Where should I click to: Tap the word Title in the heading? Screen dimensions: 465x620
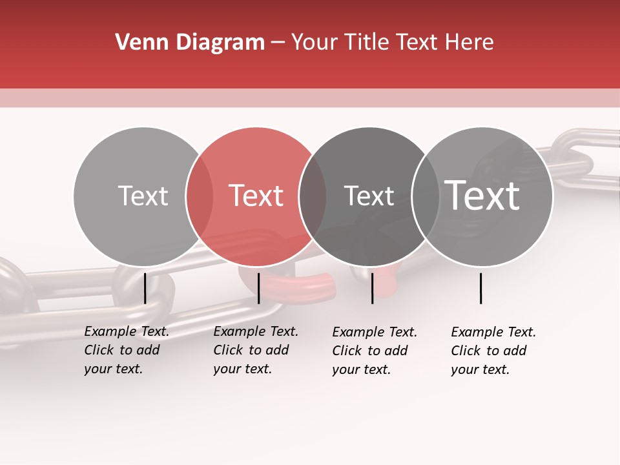366,43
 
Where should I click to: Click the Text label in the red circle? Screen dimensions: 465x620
256,196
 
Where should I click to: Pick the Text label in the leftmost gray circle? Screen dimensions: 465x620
143,196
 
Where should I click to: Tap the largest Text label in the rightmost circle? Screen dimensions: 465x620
482,195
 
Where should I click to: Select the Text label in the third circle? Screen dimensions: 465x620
369,196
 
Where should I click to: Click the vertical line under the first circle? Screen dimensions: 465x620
145,288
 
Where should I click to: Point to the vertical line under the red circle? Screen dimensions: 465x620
258,288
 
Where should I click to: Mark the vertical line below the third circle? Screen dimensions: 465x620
372,288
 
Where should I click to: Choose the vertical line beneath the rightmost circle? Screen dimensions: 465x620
480,288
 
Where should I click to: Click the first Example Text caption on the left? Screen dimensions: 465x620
127,350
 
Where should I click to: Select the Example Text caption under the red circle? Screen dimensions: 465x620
256,350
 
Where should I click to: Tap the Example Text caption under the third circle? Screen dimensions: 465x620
375,351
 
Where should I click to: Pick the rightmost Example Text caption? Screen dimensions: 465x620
493,351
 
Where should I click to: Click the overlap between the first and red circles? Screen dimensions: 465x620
200,196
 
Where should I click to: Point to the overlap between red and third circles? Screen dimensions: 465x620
313,196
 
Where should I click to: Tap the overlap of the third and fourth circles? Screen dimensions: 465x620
426,196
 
